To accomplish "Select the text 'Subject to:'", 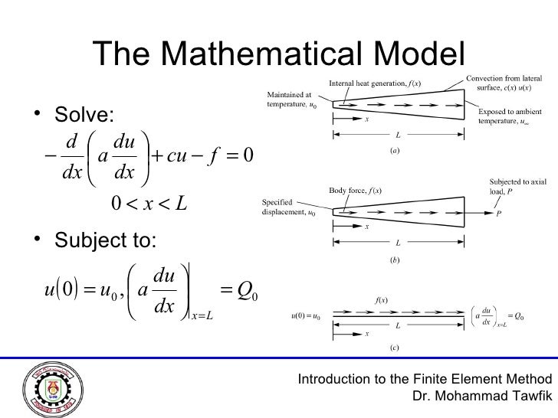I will [x=103, y=243].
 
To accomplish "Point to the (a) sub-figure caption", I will [x=394, y=151].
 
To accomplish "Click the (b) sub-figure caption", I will [x=394, y=260].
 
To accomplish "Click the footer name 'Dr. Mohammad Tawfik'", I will [x=482, y=397].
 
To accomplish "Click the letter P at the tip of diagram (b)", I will [x=499, y=214].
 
